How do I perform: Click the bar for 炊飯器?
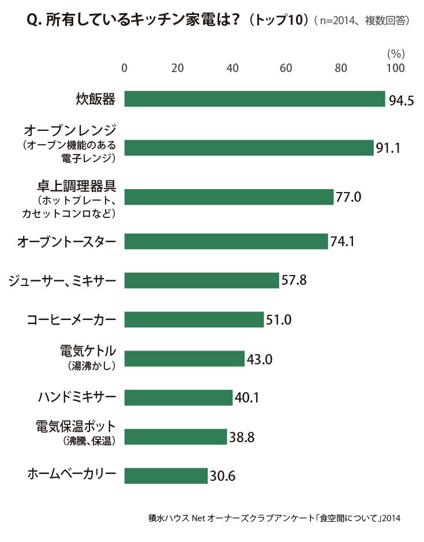point(254,99)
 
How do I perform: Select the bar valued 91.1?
point(249,148)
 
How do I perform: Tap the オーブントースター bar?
point(226,241)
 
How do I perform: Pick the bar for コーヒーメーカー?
point(194,319)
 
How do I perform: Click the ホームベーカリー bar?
point(166,476)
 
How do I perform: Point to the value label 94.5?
point(401,100)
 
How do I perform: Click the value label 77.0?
point(348,197)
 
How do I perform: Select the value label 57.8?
point(294,280)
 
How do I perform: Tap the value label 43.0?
point(260,359)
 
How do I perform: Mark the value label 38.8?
point(242,437)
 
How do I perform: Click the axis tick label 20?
point(178,68)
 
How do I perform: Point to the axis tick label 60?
point(286,68)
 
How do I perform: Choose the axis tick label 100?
point(396,68)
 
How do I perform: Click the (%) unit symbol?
point(396,54)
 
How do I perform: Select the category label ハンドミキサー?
point(77,397)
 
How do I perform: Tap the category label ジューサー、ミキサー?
point(62,280)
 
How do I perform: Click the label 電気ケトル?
point(88,351)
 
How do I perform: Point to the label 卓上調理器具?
point(76,186)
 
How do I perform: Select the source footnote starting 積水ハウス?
point(274,518)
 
